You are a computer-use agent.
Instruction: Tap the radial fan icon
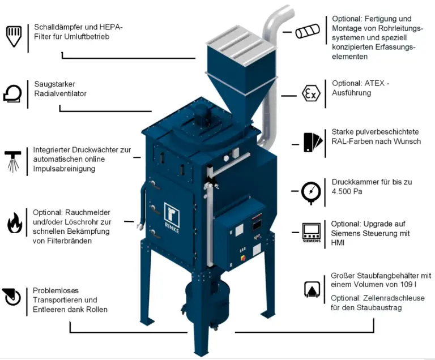(12, 93)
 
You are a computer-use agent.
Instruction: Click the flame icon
(14, 222)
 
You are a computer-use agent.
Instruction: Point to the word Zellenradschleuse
(387, 298)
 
